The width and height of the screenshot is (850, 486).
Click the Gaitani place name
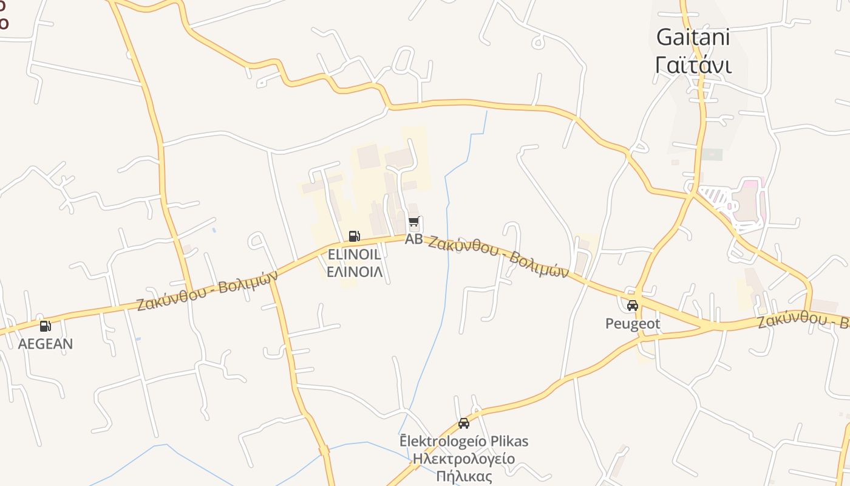point(693,37)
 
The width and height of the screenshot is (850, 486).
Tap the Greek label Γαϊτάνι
point(693,64)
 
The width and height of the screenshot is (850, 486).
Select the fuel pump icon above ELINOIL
point(354,236)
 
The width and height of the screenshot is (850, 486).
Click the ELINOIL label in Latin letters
point(355,255)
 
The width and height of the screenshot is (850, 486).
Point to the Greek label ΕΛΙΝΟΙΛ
point(355,272)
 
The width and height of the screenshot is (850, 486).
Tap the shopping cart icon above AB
point(413,222)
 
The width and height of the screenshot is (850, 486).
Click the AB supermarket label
point(413,239)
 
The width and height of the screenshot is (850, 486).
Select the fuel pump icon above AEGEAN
point(45,326)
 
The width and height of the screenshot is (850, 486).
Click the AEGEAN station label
point(45,344)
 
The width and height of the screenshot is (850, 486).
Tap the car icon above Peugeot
point(632,306)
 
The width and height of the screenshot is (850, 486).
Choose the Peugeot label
point(632,324)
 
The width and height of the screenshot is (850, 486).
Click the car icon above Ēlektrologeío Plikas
point(464,423)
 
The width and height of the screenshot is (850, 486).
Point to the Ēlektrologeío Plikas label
point(464,441)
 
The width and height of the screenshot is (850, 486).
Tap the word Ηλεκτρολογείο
point(464,459)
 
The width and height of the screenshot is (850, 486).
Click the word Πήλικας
point(464,476)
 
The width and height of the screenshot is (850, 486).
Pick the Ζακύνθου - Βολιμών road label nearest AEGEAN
point(208,289)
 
